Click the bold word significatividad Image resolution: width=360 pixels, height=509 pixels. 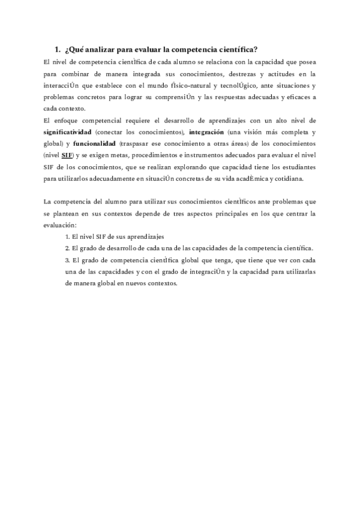click(x=68, y=132)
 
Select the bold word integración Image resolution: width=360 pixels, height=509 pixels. click(x=206, y=132)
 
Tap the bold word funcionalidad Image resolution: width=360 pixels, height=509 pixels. click(x=94, y=144)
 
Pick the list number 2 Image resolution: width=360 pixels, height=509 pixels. click(x=68, y=248)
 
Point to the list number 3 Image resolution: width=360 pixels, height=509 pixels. click(x=68, y=261)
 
